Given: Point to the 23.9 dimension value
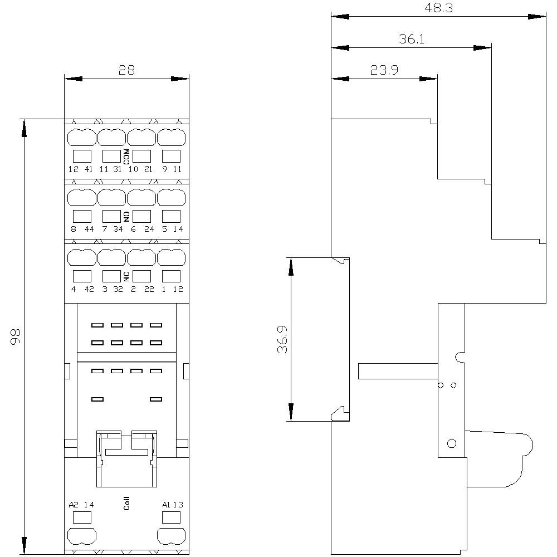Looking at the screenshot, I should pos(384,70).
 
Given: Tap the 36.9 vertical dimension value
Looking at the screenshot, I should pos(282,339).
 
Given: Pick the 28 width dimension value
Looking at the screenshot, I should pos(126,70).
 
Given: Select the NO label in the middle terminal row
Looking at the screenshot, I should pos(126,217).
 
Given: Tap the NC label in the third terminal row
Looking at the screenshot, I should pos(126,276).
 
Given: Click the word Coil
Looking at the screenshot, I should pos(126,504).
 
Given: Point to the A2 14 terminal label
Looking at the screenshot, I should pos(82,505).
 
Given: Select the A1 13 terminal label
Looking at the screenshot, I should pos(172,505).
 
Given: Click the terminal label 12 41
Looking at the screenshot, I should pos(81,169).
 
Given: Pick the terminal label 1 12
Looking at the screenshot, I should pos(172,289).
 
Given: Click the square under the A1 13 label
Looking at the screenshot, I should pos(170,517).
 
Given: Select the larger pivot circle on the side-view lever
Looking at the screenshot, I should pos(452,443).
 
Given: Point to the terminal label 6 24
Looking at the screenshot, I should pos(141,229).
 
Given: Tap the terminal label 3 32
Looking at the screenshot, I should pos(112,289).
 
